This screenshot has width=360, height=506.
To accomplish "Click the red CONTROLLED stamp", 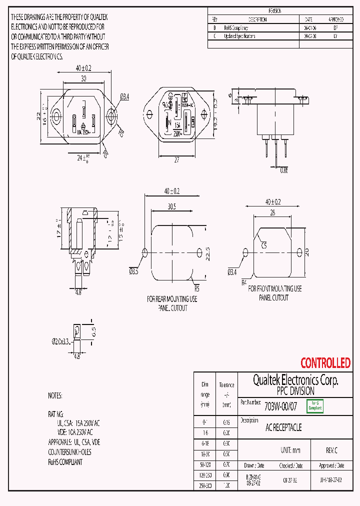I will [x=325, y=363].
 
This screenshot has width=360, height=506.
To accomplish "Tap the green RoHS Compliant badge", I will [x=315, y=405].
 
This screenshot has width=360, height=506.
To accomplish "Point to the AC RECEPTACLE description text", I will [x=283, y=428].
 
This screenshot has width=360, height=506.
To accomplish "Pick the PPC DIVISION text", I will [x=295, y=391].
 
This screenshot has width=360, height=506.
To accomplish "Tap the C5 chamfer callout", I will [x=264, y=245].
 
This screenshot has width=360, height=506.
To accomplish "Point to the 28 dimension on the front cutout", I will [x=272, y=213].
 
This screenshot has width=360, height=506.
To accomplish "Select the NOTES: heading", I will [x=55, y=395].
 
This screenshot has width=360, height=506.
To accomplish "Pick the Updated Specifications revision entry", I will [x=239, y=36].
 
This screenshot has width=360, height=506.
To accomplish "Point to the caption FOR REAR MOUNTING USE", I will [x=172, y=299].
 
